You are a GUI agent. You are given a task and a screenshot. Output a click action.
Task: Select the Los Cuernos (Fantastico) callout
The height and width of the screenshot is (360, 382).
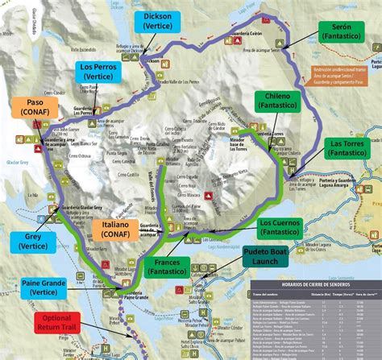pyautogui.click(x=286, y=226)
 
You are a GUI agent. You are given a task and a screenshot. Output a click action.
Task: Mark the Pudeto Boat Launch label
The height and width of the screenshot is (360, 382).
pyautogui.click(x=272, y=258)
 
